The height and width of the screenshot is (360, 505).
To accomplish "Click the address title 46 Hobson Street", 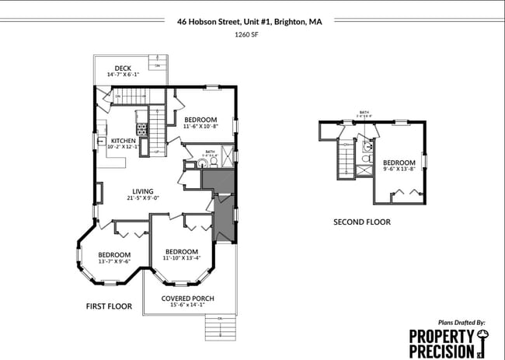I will click(x=249, y=22).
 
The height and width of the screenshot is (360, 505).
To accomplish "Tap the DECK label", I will click(x=123, y=68).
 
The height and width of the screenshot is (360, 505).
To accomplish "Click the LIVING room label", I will click(x=142, y=191).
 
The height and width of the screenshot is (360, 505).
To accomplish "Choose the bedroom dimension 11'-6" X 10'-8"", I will click(x=200, y=126).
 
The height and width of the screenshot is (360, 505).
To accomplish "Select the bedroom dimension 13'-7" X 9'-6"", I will click(x=114, y=261).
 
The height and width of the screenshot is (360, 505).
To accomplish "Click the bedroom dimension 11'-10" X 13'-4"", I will click(x=182, y=258).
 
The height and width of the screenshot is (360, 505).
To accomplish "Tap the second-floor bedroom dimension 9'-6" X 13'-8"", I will click(x=399, y=168).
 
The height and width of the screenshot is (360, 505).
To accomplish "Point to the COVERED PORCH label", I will click(x=187, y=299).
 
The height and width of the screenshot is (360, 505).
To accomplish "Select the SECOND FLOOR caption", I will click(x=361, y=222).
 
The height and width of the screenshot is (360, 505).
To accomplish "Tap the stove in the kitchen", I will click(x=142, y=127).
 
